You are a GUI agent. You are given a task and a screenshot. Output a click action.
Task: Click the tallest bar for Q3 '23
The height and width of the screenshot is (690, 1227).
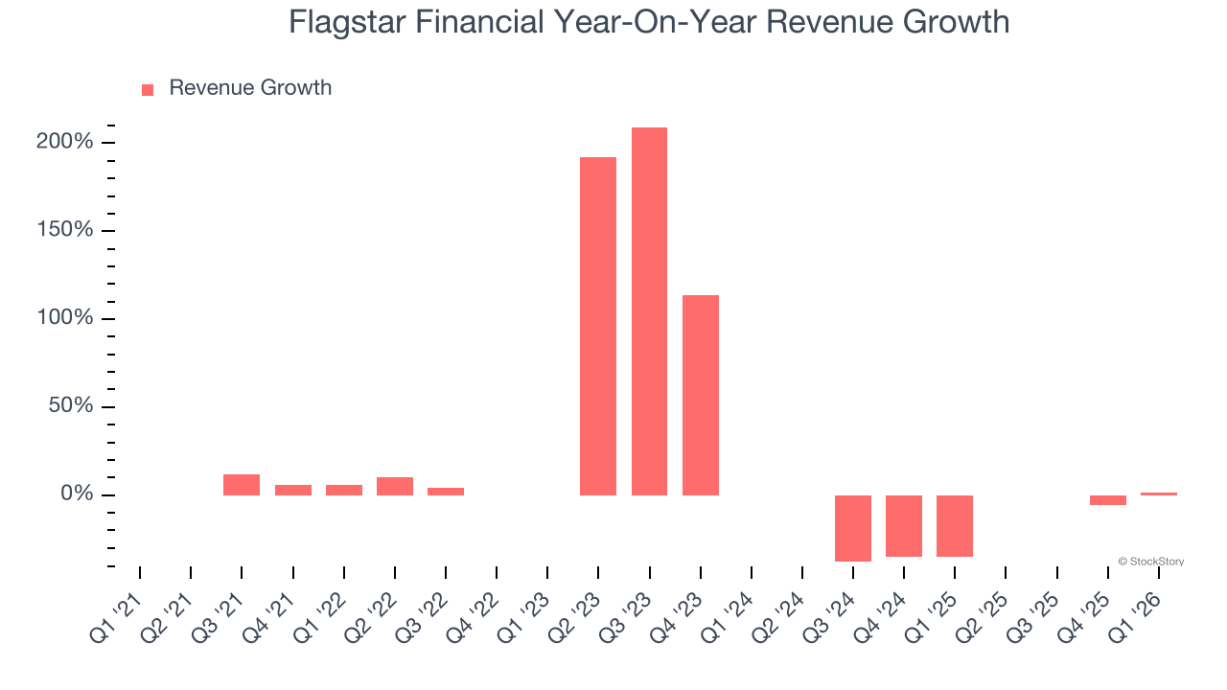[x=649, y=311]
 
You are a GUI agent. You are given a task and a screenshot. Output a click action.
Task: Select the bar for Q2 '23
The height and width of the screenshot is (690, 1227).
[x=598, y=326]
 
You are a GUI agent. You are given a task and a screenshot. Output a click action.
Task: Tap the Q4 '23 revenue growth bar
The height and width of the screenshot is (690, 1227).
[x=701, y=395]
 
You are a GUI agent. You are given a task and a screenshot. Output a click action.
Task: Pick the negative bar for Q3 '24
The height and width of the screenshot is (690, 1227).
[x=853, y=528]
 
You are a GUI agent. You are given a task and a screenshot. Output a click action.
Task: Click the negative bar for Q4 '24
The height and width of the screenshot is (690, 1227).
[x=904, y=525]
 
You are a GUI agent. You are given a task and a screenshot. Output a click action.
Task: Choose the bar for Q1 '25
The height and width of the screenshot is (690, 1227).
[x=955, y=525]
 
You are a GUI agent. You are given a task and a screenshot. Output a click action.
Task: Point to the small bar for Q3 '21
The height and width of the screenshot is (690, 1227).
[x=242, y=485]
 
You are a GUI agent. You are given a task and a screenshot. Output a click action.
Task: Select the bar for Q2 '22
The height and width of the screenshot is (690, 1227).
[x=395, y=486]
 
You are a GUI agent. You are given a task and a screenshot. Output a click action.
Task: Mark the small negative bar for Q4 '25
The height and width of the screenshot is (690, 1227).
[x=1108, y=500]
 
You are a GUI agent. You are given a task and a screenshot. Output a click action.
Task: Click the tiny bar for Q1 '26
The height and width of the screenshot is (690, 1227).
[x=1159, y=494]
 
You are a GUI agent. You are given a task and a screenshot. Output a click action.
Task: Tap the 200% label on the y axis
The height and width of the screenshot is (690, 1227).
[x=64, y=143]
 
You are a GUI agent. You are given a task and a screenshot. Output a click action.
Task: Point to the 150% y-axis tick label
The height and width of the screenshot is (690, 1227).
[x=64, y=230]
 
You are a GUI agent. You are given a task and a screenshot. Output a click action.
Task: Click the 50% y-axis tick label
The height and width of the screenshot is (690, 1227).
[x=69, y=406]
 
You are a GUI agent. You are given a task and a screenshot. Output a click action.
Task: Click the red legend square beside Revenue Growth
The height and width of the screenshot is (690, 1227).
[x=148, y=90]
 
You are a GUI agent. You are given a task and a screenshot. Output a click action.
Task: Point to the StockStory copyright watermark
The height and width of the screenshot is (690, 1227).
[x=1150, y=562]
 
